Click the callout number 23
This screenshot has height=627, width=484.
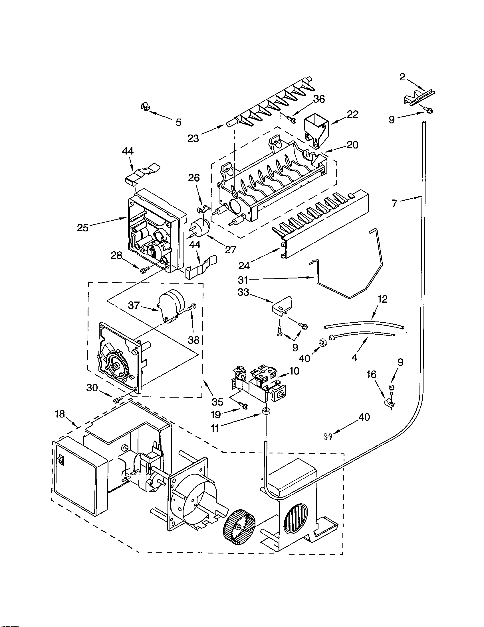[193, 139]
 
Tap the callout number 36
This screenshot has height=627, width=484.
[318, 99]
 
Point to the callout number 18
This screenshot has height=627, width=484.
[60, 414]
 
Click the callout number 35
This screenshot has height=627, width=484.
[217, 402]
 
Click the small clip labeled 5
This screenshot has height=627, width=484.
[145, 107]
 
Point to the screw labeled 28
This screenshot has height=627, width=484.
[144, 269]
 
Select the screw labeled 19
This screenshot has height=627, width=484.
[244, 405]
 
